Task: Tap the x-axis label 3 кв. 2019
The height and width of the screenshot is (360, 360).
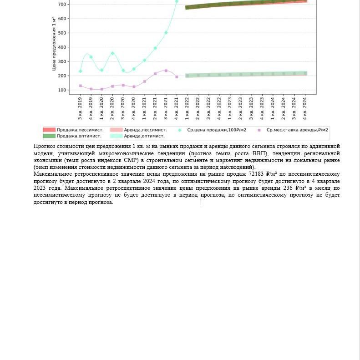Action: pos(80,108)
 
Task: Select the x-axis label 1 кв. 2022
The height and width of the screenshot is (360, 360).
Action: pos(187,108)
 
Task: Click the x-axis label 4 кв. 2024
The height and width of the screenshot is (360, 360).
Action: pos(305,108)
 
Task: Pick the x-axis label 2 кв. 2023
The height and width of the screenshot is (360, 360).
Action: pos(241,108)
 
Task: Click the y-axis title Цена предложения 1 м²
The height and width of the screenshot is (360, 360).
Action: pos(54,44)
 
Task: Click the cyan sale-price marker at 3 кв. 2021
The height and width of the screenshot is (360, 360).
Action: pos(166,33)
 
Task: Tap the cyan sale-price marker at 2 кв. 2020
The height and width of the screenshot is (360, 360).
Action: pos(112,54)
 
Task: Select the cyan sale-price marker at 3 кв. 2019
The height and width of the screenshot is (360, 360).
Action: pos(81,71)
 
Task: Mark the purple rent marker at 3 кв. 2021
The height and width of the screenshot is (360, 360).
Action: pos(166,71)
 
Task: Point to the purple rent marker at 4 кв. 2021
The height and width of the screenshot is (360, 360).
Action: pos(177,77)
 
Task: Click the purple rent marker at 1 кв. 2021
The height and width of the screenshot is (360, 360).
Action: pos(145,81)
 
